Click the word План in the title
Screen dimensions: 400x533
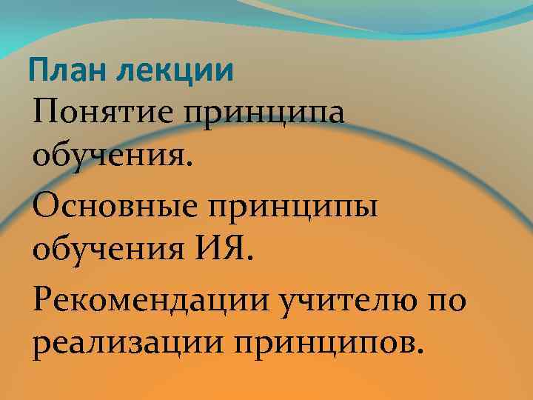coord(61,70)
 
